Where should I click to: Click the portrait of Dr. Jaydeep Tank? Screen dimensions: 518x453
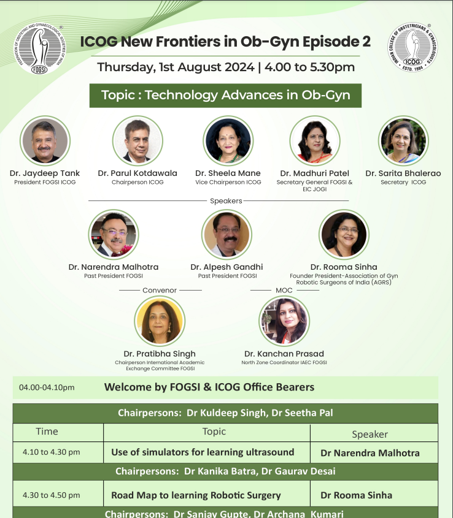pos(45,141)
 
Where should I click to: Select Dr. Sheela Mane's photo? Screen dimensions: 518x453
pos(228,141)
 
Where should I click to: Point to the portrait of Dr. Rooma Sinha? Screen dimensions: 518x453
pos(343,235)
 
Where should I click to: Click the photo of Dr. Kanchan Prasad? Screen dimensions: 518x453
pos(284,321)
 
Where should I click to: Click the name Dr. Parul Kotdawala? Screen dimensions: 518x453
pos(137,173)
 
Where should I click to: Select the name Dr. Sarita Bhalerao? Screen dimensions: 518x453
pos(403,173)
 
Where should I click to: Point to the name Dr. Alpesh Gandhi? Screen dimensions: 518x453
pos(226,267)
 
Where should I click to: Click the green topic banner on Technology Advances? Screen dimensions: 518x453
pos(225,96)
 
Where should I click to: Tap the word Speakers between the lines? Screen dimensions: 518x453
pos(226,200)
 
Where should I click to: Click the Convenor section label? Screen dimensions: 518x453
pos(160,290)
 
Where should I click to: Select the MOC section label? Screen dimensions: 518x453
pos(284,290)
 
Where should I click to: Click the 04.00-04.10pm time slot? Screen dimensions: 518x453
pos(47,387)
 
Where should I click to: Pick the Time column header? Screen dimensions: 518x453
pos(47,432)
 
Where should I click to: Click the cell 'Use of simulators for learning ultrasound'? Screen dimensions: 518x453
pos(203,452)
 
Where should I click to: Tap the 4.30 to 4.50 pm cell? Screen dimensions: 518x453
pos(52,495)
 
